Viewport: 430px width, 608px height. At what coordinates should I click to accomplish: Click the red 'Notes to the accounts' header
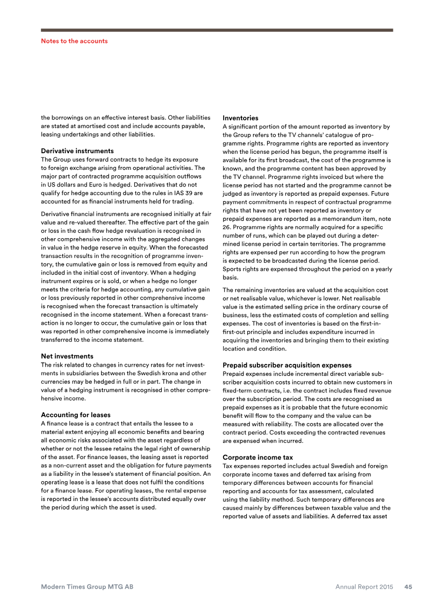(74, 41)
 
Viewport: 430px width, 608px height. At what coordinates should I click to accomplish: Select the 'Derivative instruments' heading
(77, 151)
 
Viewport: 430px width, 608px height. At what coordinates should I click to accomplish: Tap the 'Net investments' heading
(67, 356)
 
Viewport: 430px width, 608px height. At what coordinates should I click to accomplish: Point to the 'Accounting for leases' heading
(76, 414)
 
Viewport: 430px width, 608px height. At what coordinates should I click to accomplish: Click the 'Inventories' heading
(240, 118)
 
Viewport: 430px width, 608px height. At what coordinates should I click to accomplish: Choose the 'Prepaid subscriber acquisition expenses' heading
(287, 365)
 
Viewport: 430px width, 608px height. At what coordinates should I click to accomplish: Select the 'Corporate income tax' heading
(257, 457)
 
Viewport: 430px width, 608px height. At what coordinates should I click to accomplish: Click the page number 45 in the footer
(408, 587)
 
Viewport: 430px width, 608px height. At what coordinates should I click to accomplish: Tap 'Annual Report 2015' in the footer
(364, 587)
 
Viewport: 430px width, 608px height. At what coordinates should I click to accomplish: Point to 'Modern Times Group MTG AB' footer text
(87, 587)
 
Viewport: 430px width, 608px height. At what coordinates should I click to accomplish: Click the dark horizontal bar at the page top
(217, 30)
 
